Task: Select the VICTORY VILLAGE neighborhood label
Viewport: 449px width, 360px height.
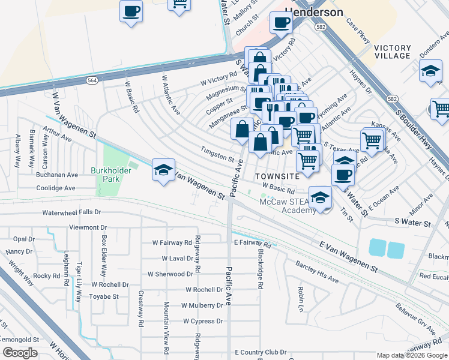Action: [x=391, y=52]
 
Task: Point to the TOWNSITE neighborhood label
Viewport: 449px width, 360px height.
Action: [x=276, y=176]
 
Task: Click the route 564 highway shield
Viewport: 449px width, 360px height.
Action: [x=92, y=80]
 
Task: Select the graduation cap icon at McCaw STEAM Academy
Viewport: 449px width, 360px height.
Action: [x=321, y=199]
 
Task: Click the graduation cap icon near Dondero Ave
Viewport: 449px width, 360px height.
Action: [x=430, y=72]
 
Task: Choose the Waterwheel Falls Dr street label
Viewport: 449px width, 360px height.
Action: [x=71, y=212]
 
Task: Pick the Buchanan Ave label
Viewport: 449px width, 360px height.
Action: [x=56, y=175]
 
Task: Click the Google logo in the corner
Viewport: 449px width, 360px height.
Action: [x=20, y=353]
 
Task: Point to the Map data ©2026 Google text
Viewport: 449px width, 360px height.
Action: [x=412, y=355]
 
